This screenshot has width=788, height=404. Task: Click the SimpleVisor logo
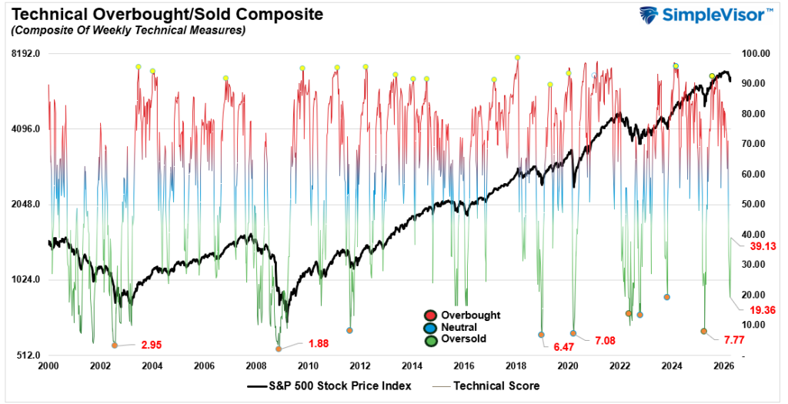click(707, 16)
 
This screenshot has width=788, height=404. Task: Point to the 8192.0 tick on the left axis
click(25, 54)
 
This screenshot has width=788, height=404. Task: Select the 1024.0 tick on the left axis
click(25, 280)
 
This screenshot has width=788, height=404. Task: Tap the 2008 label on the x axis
click(256, 366)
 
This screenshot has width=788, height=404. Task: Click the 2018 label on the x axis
click(516, 366)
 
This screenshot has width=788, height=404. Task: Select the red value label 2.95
click(151, 345)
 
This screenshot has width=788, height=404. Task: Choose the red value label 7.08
click(606, 339)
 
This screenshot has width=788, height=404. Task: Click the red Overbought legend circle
click(430, 316)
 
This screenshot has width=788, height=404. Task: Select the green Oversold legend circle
click(430, 339)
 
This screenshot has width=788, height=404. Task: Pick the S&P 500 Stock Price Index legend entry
click(329, 386)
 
